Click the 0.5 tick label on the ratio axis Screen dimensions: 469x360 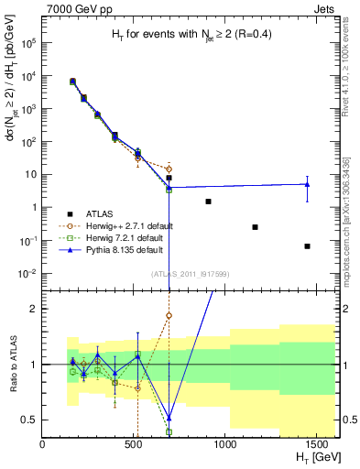pos(29,420)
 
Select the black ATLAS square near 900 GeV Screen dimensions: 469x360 pos(209,202)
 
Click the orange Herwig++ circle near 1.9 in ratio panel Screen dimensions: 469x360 pos(169,315)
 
